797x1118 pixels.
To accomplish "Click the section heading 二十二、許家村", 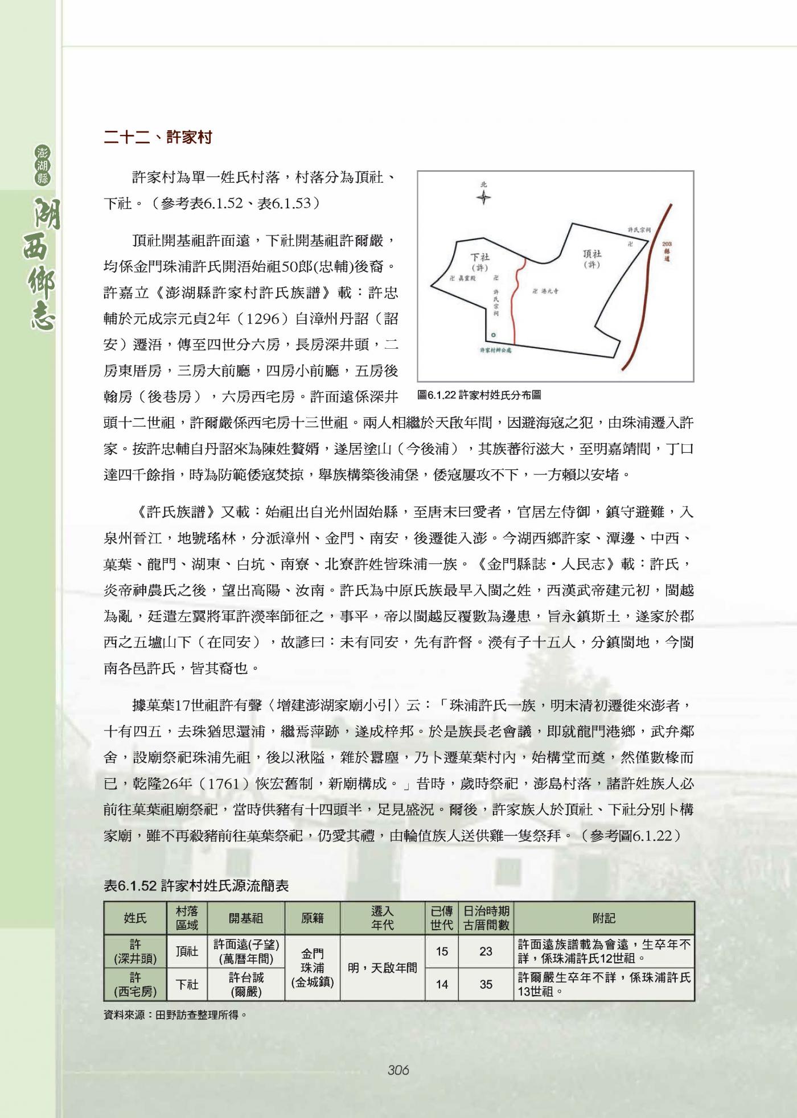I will (158, 137).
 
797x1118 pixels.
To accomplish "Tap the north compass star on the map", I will (483, 198).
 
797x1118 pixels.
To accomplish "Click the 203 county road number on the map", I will (667, 244).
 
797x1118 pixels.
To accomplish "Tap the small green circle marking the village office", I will (493, 335).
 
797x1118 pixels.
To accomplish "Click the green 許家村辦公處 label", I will (496, 350).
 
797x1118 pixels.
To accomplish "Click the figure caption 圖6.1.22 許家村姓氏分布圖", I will (479, 394).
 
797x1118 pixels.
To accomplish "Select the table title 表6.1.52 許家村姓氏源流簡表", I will (196, 886).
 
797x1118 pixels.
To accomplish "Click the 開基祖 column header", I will (245, 918).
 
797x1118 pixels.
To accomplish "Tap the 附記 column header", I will (603, 918).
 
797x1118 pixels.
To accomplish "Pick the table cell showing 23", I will (486, 951).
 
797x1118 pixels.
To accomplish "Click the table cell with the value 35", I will (486, 984).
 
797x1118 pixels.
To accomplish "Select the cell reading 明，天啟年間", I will (382, 968).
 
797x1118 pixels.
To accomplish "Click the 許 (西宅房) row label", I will (135, 984).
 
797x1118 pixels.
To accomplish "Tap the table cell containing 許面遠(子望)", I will (246, 945).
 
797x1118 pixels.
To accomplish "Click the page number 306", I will (398, 1070).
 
